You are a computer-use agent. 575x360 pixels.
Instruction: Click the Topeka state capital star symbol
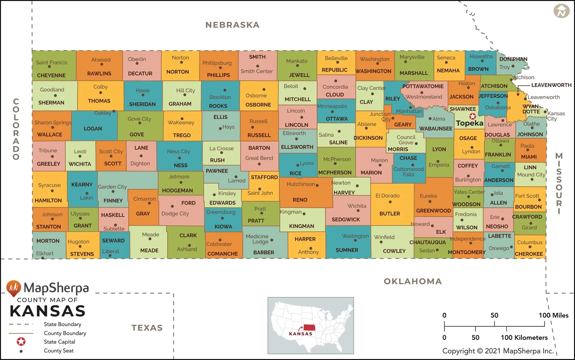click(472, 116)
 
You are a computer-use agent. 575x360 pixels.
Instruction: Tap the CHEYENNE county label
click(51, 75)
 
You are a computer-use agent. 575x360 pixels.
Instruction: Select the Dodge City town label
click(175, 214)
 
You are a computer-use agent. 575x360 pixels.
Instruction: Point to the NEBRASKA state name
click(232, 25)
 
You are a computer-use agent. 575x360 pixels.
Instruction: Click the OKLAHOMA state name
click(413, 281)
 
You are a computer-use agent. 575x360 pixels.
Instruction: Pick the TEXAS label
click(147, 328)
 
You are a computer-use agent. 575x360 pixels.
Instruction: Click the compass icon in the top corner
click(561, 11)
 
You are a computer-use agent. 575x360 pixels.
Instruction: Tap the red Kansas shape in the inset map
click(309, 328)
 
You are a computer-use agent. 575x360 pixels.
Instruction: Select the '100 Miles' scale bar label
click(553, 315)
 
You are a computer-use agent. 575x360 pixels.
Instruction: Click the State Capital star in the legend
click(21, 341)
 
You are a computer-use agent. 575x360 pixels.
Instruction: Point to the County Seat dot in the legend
click(21, 351)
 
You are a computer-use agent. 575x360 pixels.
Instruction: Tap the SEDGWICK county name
click(346, 220)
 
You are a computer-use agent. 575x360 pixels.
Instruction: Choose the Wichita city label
click(357, 206)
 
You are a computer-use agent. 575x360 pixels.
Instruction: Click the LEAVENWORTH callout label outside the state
click(551, 85)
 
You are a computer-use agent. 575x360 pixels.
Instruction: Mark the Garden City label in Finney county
click(112, 187)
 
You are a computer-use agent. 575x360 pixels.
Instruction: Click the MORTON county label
click(48, 241)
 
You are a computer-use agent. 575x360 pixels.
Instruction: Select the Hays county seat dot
click(220, 129)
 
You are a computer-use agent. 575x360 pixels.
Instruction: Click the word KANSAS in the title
click(48, 311)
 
